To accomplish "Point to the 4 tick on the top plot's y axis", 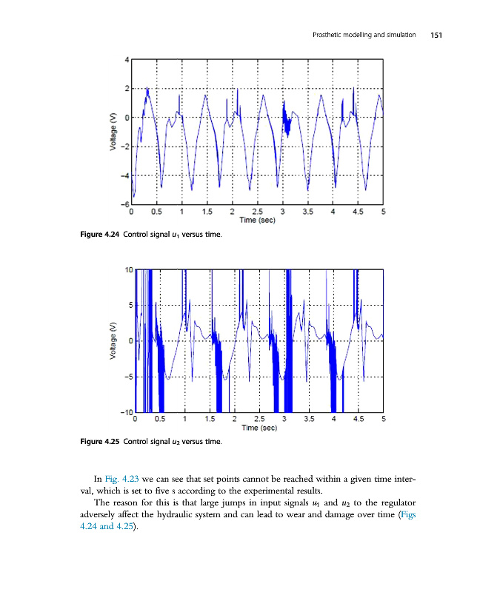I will point(127,59).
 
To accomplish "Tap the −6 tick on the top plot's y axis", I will point(124,203).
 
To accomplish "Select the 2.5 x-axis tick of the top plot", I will point(258,212).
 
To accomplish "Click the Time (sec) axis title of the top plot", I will point(258,220).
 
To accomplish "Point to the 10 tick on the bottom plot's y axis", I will point(129,270).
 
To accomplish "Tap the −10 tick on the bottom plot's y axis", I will point(127,411).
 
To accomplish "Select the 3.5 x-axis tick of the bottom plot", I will point(310,420).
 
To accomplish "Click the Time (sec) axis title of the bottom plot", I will point(259,428).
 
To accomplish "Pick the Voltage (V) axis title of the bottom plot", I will point(113,340).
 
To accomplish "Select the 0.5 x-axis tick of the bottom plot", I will point(159,420).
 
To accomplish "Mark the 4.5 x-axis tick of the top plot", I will point(359,212).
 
